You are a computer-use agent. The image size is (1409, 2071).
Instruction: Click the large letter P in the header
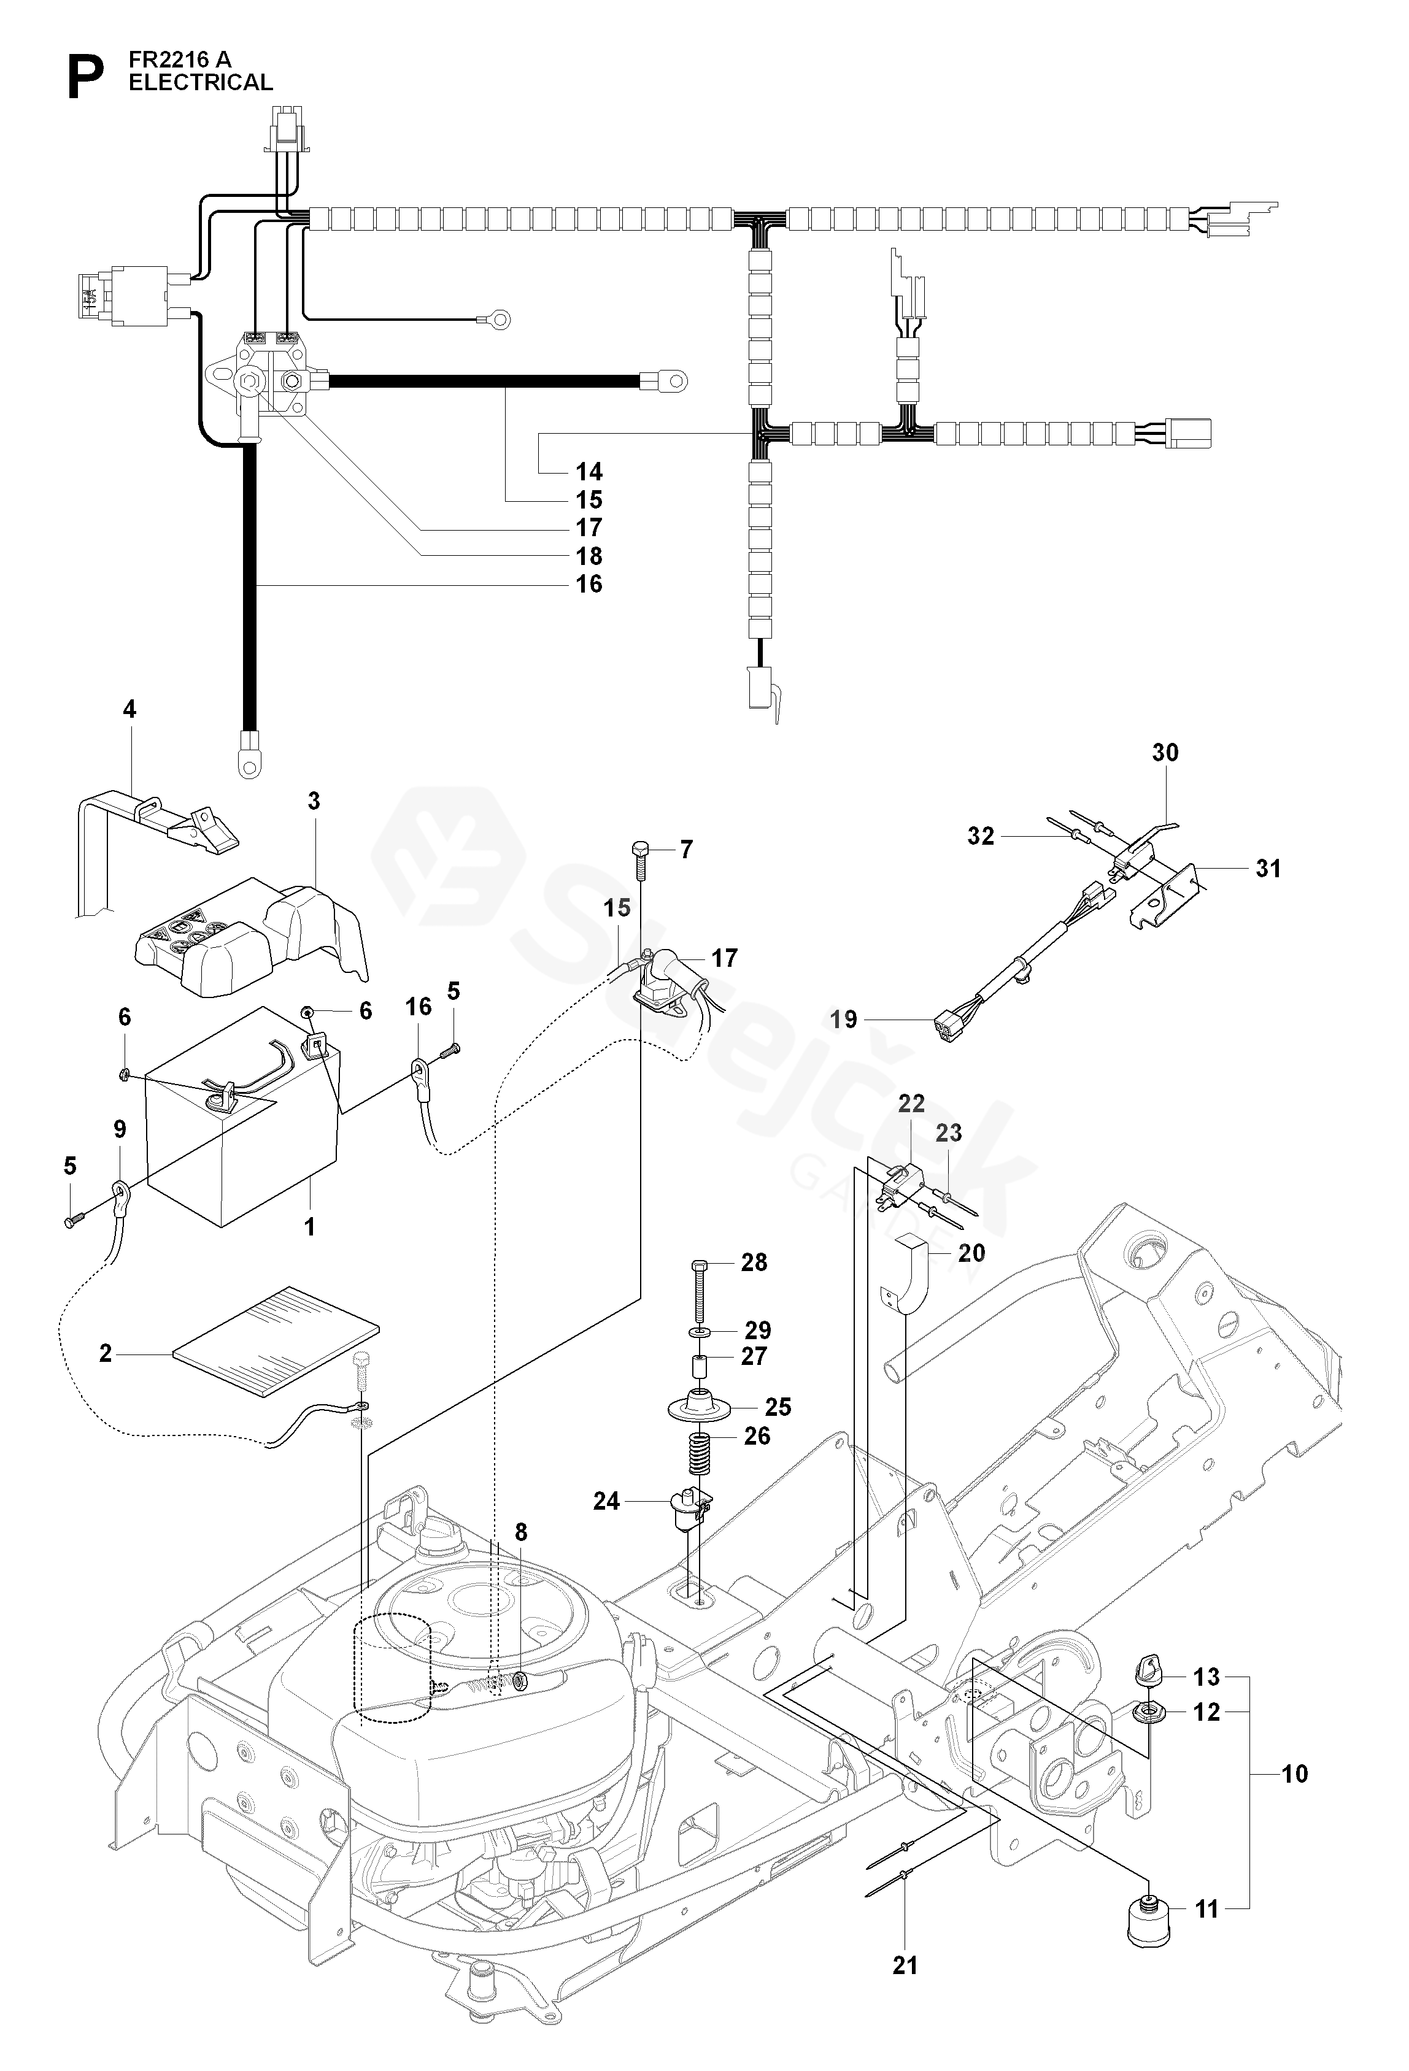tap(85, 79)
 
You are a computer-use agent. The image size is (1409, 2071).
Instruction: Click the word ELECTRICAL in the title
tap(201, 83)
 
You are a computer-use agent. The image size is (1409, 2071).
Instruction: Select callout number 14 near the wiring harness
tap(589, 471)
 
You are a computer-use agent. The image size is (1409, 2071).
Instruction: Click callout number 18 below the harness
tap(589, 556)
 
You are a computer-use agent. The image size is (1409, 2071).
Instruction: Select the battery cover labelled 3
tap(252, 939)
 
